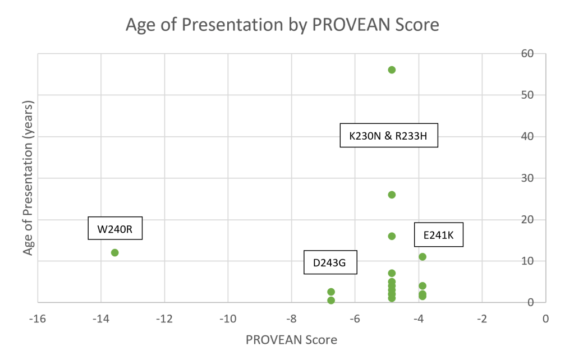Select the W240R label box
tap(115, 228)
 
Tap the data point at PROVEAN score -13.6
tap(115, 252)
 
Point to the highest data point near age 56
tap(392, 70)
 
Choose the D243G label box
tap(330, 262)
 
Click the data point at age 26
tap(392, 195)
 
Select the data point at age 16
tap(392, 236)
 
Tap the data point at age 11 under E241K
tap(423, 257)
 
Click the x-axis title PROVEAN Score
tap(291, 340)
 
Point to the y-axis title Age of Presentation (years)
tap(29, 178)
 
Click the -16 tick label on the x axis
tap(38, 319)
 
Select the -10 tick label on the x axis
tap(228, 319)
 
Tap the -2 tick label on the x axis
tap(481, 319)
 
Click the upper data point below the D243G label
tap(331, 292)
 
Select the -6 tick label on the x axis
tap(355, 319)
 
